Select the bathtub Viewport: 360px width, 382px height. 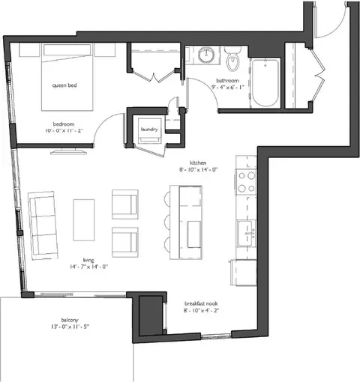[x=265, y=83]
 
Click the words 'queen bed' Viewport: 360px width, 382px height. [x=64, y=85]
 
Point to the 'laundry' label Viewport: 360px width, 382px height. [x=149, y=129]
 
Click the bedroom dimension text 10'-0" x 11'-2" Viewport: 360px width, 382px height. [x=64, y=130]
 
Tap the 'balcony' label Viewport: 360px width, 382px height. [x=70, y=320]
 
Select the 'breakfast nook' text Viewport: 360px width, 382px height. [x=201, y=303]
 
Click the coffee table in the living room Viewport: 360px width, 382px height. [x=84, y=220]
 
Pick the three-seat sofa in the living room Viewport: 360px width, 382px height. [x=43, y=225]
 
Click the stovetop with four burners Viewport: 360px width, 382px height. [x=246, y=182]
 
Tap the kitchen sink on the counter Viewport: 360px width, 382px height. [x=246, y=233]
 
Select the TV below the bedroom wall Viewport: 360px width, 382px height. [x=68, y=151]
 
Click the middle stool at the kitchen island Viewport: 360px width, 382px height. [x=167, y=220]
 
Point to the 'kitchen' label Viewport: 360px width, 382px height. [x=198, y=163]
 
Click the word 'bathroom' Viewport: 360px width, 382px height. [x=227, y=81]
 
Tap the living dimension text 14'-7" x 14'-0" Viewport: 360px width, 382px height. [x=88, y=267]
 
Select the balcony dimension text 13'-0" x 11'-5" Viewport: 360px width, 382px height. [x=70, y=327]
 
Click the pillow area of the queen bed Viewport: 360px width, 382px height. [x=67, y=50]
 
